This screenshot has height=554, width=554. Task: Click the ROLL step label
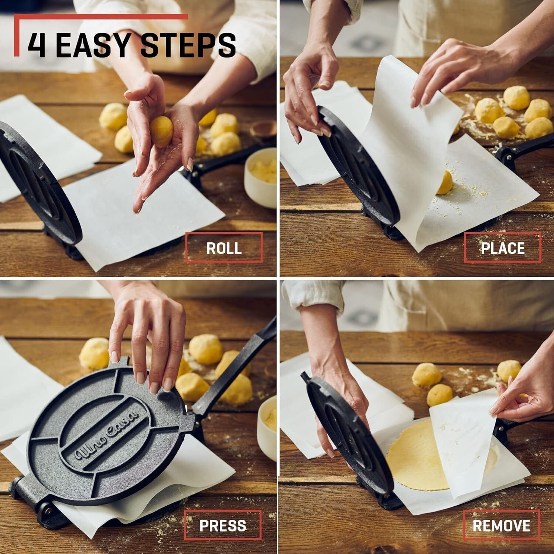(x=224, y=248)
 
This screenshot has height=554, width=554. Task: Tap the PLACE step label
(x=502, y=248)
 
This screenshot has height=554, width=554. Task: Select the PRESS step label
(x=223, y=526)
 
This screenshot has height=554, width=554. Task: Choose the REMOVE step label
(x=501, y=526)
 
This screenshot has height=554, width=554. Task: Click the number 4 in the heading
(x=37, y=45)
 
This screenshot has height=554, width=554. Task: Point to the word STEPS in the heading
(x=188, y=45)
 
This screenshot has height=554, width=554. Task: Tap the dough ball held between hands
(x=161, y=131)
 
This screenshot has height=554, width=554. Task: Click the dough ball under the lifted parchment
(x=444, y=182)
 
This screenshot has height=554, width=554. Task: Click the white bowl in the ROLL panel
(x=261, y=177)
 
